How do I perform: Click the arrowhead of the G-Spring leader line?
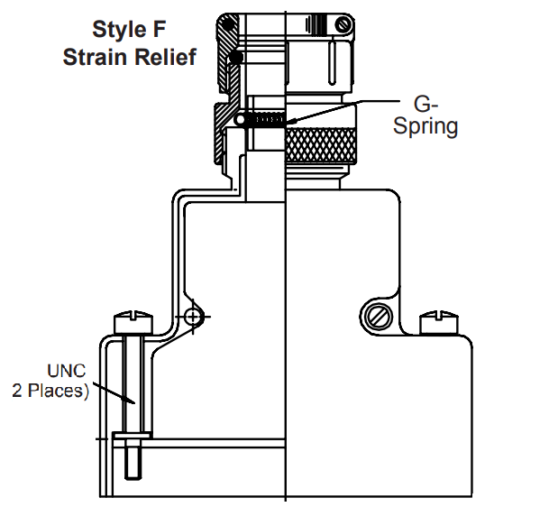290,121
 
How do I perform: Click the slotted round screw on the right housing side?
378,316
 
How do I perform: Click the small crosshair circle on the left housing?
192,316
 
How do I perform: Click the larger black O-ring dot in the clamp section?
235,59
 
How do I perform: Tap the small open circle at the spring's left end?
239,119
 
